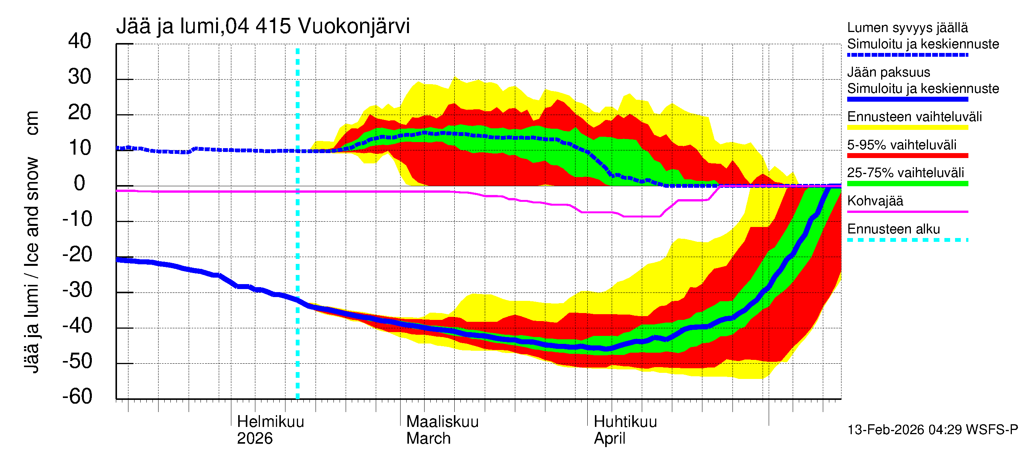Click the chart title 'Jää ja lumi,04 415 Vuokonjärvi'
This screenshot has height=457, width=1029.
click(x=263, y=26)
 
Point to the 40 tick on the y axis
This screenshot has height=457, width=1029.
click(x=80, y=42)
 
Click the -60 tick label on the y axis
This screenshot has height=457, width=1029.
click(x=77, y=397)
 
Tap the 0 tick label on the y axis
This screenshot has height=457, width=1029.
click(x=80, y=184)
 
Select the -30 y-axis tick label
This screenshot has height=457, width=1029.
click(x=77, y=290)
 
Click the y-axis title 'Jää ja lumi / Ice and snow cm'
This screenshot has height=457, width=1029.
click(x=31, y=242)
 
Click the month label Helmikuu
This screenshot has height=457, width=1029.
click(x=271, y=422)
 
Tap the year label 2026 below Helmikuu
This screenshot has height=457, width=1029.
click(x=255, y=439)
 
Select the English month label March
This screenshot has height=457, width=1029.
click(x=428, y=439)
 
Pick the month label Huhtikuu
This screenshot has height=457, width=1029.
click(x=625, y=422)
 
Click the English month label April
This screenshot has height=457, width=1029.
click(x=609, y=439)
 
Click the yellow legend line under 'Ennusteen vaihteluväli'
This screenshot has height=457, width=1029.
click(x=907, y=128)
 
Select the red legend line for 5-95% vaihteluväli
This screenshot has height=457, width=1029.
click(x=907, y=156)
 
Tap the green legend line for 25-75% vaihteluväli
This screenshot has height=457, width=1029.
click(x=907, y=184)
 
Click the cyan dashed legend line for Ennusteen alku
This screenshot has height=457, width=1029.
click(x=907, y=240)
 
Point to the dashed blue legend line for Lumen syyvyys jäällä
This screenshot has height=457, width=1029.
click(x=907, y=55)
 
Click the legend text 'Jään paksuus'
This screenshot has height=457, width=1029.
click(x=888, y=73)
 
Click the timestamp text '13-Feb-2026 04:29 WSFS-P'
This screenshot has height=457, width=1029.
click(x=932, y=430)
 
